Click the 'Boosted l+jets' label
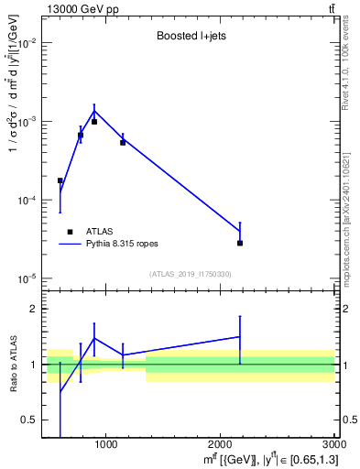point(189,36)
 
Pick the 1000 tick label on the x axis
point(105,445)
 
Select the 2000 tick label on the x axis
point(220,445)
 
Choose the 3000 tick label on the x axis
point(333,445)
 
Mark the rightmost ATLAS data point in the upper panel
point(240,243)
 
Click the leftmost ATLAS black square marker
point(60,180)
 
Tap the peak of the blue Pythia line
point(94,111)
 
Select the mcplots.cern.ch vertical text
point(352,211)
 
